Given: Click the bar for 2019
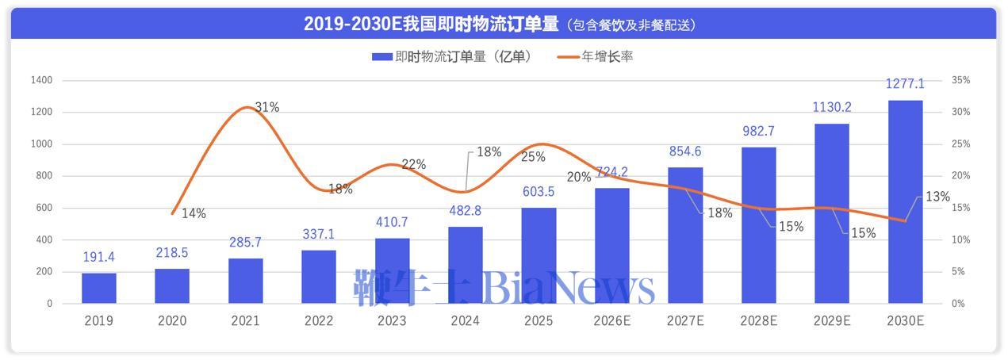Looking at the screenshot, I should tap(99, 289).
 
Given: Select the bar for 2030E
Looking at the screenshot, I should tap(905, 202).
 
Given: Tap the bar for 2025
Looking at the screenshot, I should tap(538, 255).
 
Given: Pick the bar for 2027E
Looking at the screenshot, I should tap(685, 236).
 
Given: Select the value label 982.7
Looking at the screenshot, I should tap(758, 132).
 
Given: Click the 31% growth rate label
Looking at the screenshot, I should tap(266, 107).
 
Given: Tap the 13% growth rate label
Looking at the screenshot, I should tap(937, 197).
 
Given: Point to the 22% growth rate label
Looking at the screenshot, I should tap(413, 164).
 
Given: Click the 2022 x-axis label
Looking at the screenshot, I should tap(319, 321).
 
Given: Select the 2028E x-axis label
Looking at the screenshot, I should tap(758, 321).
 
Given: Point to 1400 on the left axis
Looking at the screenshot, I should tap(41, 81).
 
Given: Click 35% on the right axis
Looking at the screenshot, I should tap(960, 81).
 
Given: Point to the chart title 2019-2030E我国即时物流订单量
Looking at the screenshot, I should tap(432, 24).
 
